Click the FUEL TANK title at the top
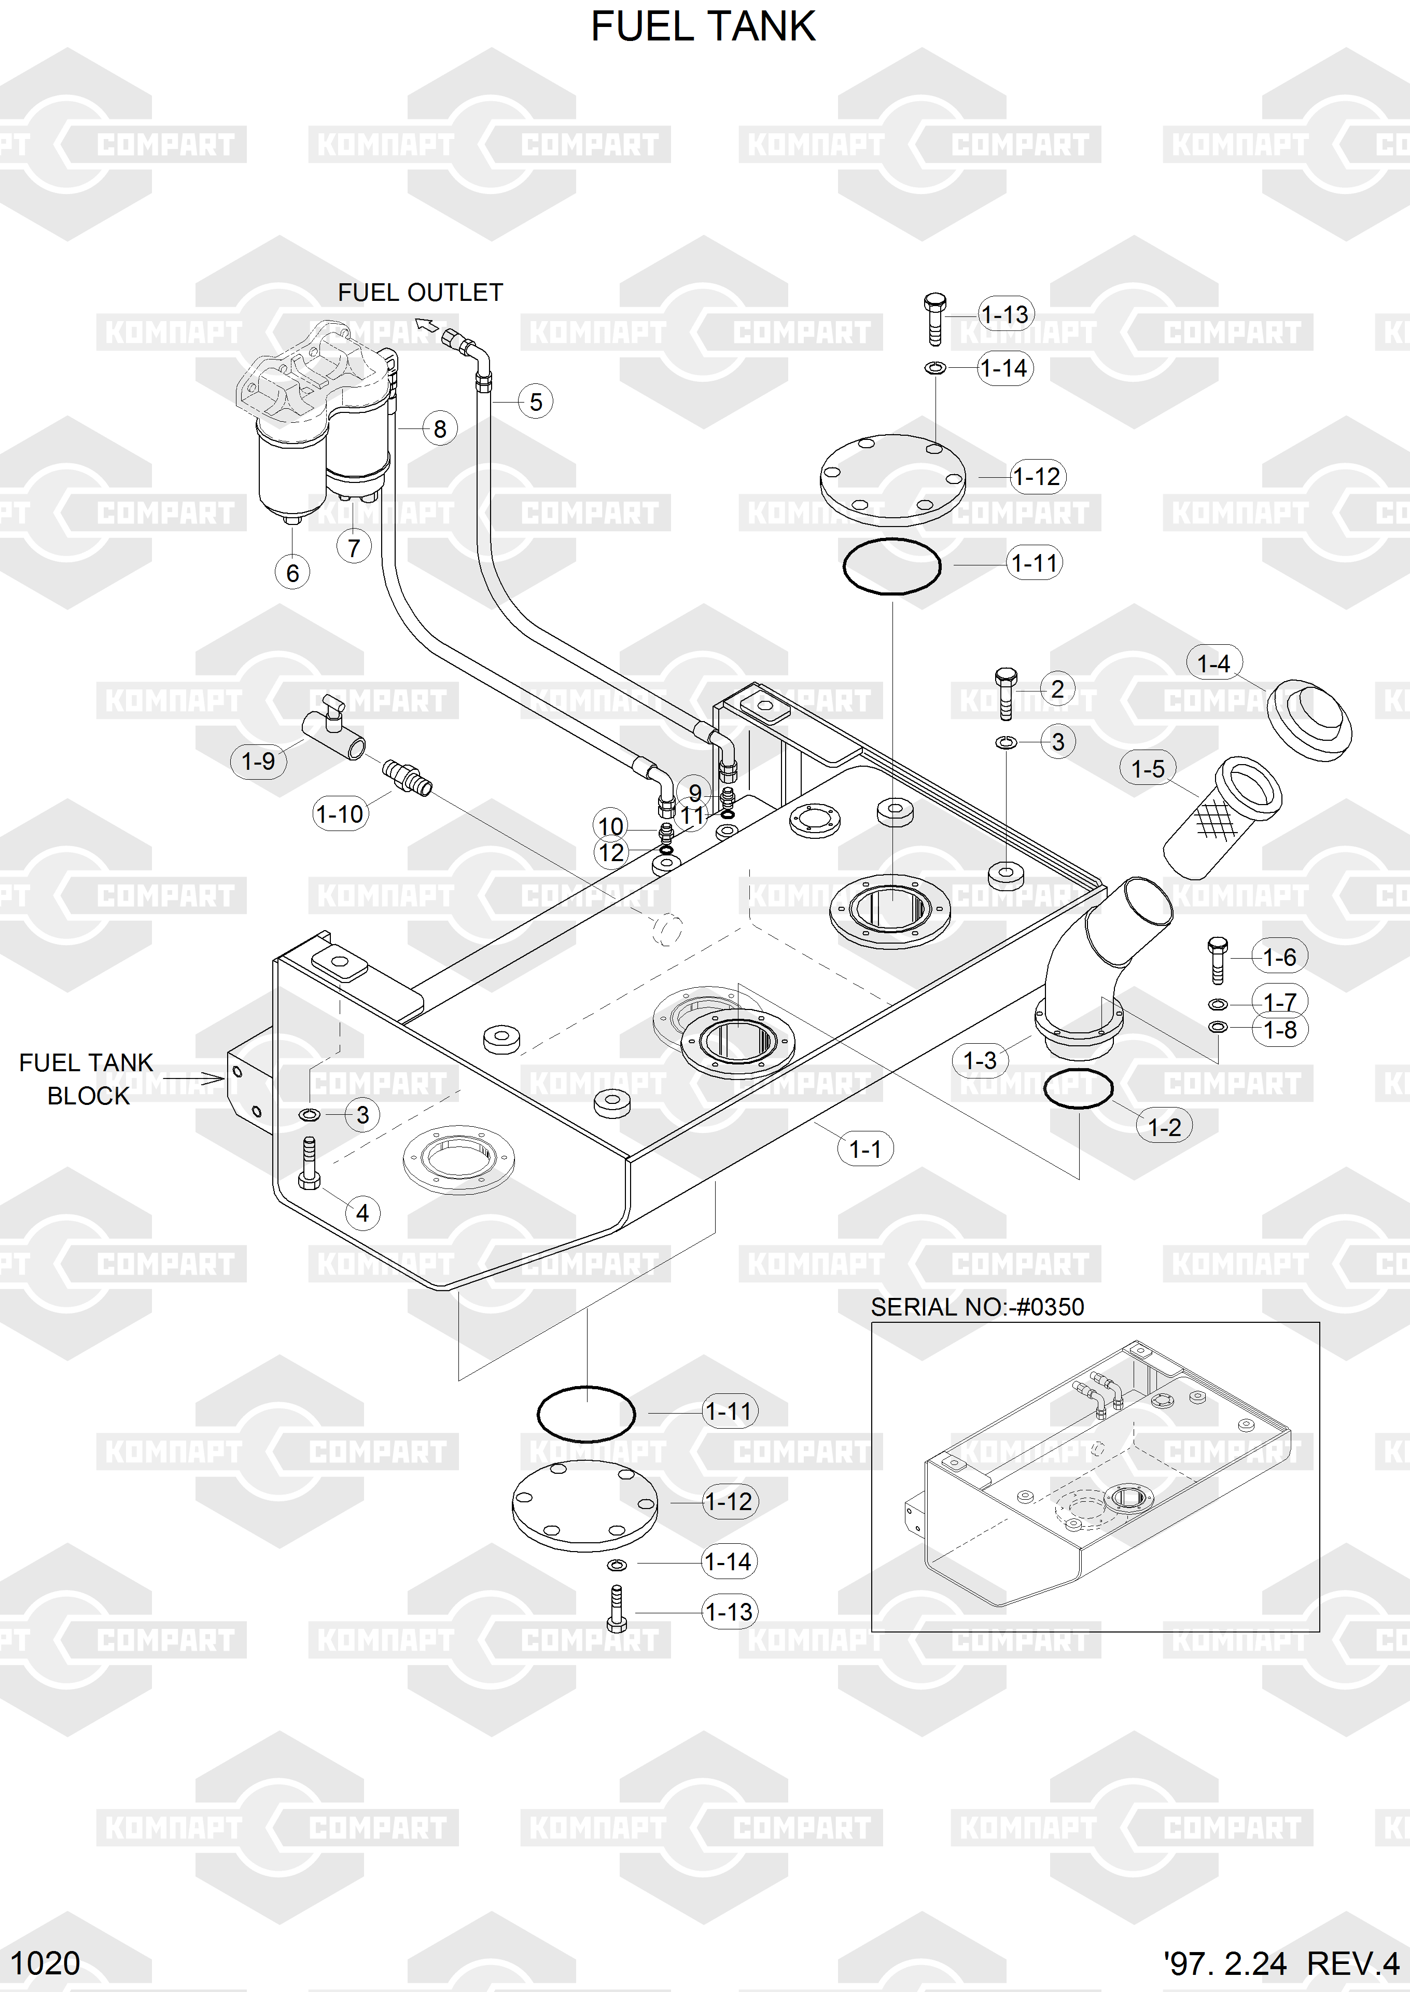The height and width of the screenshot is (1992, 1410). click(703, 27)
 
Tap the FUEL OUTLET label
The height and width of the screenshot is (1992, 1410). click(420, 293)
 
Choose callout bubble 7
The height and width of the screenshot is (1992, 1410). click(353, 547)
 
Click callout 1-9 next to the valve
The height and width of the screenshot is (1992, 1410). click(258, 762)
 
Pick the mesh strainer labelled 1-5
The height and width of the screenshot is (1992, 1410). click(1222, 815)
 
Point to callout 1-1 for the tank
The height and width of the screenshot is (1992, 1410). click(865, 1149)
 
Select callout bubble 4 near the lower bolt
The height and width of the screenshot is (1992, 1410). click(363, 1212)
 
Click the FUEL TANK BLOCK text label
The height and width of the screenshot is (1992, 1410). click(87, 1080)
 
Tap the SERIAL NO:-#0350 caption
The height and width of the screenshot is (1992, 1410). click(977, 1307)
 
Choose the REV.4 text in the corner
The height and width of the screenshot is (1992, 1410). click(1352, 1963)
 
